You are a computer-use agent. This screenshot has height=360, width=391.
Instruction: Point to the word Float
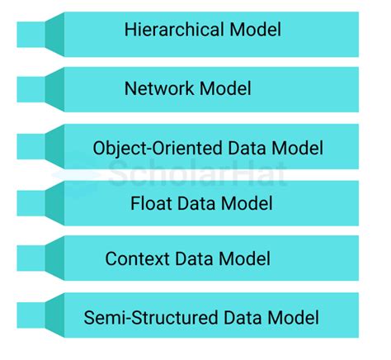[149, 202]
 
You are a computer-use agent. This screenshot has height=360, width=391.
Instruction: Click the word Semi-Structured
[145, 318]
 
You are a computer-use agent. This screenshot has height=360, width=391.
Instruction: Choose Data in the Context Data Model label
[193, 259]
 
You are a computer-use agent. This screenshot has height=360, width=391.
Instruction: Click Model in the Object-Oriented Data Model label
[294, 149]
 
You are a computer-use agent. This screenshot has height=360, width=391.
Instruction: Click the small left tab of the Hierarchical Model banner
[31, 34]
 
